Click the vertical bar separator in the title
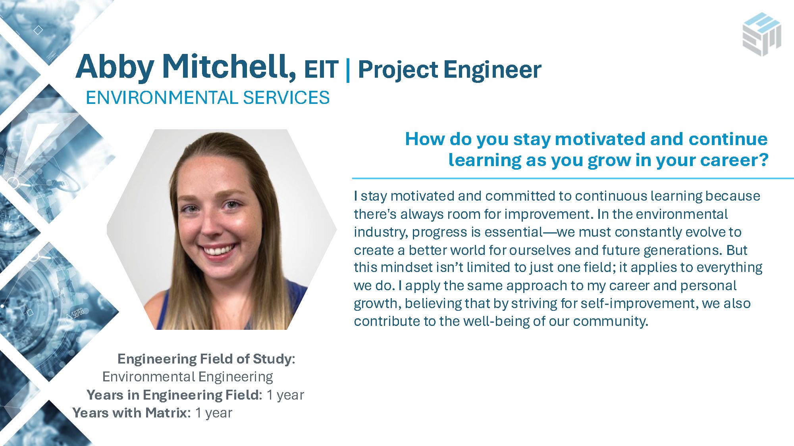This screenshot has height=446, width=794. [x=348, y=69]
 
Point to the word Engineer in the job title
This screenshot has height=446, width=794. [x=492, y=71]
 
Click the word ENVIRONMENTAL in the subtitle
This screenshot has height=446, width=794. [x=161, y=98]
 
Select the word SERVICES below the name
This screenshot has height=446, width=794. [x=286, y=98]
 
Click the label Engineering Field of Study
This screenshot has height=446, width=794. [x=204, y=359]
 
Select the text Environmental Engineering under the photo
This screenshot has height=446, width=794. [x=188, y=377]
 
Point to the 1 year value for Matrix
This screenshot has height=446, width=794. [x=214, y=413]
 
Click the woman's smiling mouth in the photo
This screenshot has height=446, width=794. [x=219, y=251]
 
